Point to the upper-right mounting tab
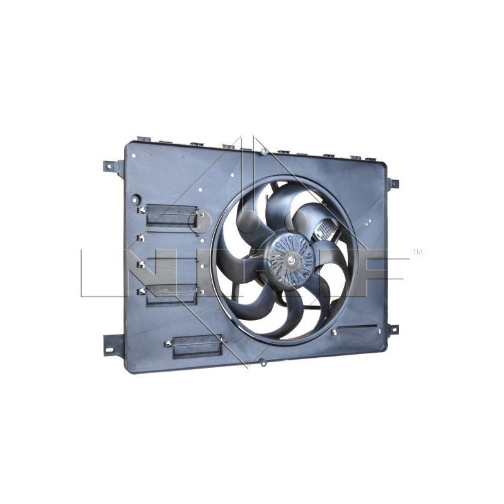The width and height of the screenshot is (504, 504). pyautogui.click(x=392, y=183)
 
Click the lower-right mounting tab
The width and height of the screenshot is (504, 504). pyautogui.click(x=392, y=329)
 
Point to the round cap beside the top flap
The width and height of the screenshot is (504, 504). pyautogui.click(x=201, y=222)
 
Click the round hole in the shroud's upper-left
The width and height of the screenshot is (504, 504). pyautogui.click(x=134, y=200)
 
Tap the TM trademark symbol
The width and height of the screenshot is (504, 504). pyautogui.click(x=416, y=253)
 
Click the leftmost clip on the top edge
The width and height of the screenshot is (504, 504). pyautogui.click(x=143, y=139)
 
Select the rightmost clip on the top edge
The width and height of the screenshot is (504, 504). pyautogui.click(x=355, y=157)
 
